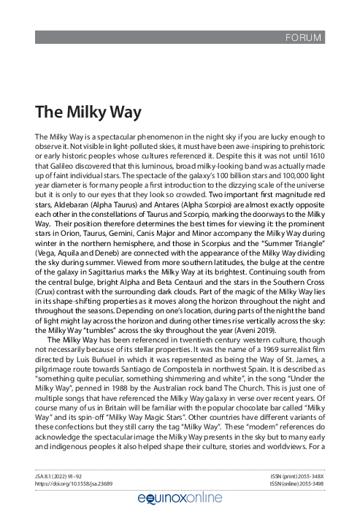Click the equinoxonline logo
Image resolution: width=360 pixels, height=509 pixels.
180,498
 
